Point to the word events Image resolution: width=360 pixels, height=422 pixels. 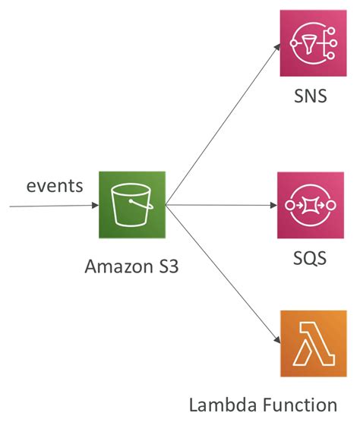pos(55,186)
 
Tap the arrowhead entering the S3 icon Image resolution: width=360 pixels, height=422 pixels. pos(94,205)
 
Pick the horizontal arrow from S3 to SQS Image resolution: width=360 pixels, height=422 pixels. pos(220,205)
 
